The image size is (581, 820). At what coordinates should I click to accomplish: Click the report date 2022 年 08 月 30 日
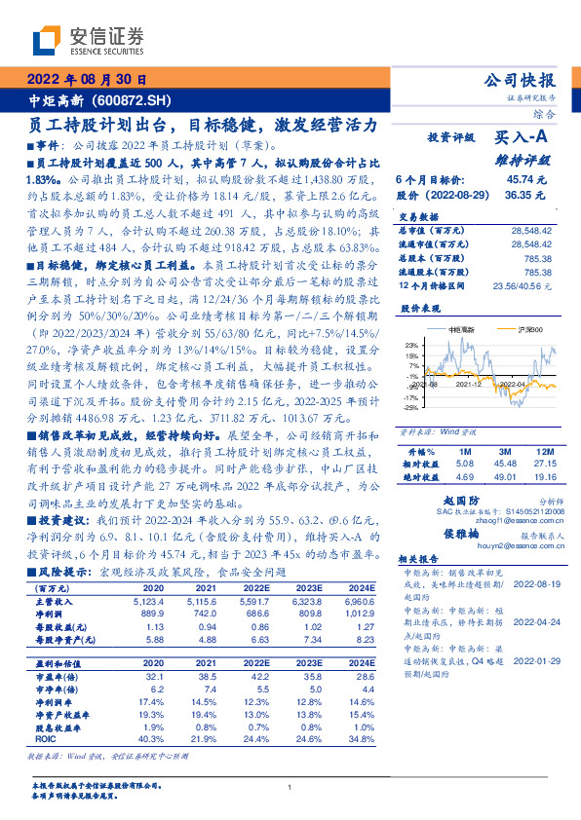pyautogui.click(x=87, y=79)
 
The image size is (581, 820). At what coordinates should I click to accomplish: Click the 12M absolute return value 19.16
pyautogui.click(x=545, y=477)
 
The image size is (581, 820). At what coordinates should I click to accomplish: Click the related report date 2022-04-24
pyautogui.click(x=534, y=619)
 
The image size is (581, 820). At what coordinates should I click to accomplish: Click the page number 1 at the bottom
pyautogui.click(x=290, y=787)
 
